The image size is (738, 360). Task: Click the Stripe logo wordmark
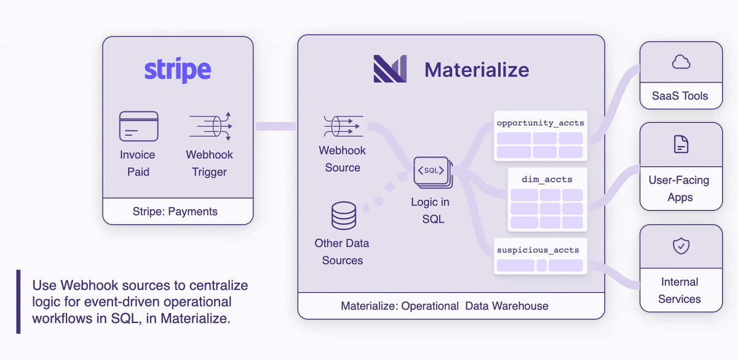(x=178, y=70)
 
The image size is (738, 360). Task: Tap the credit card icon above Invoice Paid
(x=138, y=126)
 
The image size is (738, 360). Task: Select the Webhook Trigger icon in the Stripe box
(x=210, y=126)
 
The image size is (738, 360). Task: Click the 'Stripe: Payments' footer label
(x=175, y=212)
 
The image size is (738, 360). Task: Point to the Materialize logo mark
(x=390, y=69)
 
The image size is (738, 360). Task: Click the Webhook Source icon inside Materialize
(x=343, y=126)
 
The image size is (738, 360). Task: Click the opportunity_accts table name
(x=540, y=123)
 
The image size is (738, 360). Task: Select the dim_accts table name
(x=547, y=180)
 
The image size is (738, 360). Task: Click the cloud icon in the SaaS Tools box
(x=681, y=62)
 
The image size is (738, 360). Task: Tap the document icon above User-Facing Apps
(x=681, y=145)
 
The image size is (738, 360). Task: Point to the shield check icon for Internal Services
(x=681, y=247)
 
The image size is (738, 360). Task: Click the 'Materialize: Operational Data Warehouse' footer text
(x=444, y=306)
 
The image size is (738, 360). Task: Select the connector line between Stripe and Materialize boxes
(x=275, y=126)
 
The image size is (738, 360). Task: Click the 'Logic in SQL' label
(x=430, y=210)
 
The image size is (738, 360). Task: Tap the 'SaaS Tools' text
(x=680, y=96)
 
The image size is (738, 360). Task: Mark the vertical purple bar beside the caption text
(x=18, y=302)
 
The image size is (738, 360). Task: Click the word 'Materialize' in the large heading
(x=476, y=70)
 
